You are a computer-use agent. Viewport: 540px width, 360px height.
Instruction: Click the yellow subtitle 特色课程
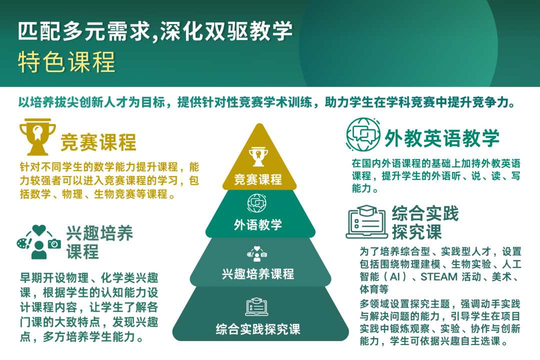coord(66,62)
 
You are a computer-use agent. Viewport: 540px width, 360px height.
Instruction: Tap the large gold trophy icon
coord(37,137)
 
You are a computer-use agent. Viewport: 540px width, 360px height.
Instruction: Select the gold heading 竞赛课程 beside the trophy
coord(98,142)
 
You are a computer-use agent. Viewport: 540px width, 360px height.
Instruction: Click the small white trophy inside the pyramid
coord(258,156)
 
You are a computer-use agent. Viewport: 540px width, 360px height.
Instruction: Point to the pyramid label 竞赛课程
coord(258,179)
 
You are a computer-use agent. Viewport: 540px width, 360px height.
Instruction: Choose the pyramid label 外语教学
coord(258,225)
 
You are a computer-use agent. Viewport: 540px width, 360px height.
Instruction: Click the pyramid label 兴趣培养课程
coord(258,274)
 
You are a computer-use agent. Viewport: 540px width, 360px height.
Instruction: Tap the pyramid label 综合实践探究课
coord(258,329)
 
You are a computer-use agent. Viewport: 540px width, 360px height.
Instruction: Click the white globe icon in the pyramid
coord(257,203)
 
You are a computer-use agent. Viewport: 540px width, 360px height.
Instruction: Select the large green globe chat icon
coord(363,134)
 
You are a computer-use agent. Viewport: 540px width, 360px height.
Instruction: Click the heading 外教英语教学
coord(442,138)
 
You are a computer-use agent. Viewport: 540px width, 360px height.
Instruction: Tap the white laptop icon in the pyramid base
coord(257,306)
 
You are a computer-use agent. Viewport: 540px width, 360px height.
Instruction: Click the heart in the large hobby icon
coord(39,230)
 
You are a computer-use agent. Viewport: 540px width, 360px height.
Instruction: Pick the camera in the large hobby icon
coord(54,244)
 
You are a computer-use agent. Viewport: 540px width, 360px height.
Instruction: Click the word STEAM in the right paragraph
coord(439,277)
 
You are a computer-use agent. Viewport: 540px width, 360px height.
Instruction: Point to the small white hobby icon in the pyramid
coord(257,254)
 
